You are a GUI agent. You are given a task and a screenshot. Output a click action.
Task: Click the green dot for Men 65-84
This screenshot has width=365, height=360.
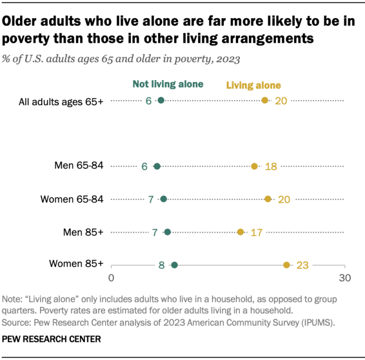(x=157, y=166)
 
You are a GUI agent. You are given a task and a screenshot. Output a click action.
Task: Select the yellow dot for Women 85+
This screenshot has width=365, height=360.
(x=287, y=265)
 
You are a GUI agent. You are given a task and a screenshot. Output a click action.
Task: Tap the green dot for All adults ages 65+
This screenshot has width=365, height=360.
(x=161, y=101)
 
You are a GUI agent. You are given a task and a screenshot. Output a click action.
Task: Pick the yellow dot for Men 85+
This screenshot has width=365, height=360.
(x=240, y=232)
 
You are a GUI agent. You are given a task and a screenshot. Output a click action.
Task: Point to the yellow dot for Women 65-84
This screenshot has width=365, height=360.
(x=268, y=199)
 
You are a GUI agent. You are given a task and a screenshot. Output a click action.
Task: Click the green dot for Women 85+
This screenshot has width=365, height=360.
(x=174, y=265)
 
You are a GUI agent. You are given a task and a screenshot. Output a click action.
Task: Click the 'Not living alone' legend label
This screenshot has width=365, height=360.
(x=168, y=84)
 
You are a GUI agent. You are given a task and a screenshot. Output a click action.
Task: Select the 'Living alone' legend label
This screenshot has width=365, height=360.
(x=254, y=86)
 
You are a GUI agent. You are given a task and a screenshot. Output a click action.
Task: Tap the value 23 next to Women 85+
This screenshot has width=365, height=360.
(x=302, y=265)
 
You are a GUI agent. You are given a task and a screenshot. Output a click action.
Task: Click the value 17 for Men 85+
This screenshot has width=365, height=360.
(x=256, y=232)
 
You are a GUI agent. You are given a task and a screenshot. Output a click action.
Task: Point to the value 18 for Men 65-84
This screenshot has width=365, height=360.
(x=271, y=166)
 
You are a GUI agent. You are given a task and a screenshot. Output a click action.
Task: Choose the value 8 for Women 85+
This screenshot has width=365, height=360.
(x=162, y=265)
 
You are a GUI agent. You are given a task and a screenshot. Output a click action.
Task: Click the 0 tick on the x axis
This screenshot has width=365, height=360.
(x=111, y=278)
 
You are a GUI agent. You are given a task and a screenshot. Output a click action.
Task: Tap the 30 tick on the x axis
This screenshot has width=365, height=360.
(x=344, y=278)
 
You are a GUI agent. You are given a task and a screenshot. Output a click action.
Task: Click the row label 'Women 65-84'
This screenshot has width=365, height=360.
(x=72, y=199)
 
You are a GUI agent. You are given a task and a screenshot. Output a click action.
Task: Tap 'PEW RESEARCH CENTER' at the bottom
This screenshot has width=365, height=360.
(x=51, y=339)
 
